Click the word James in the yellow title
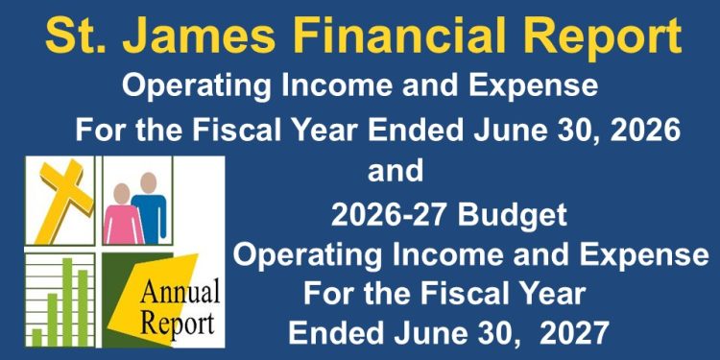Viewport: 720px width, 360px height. (200, 36)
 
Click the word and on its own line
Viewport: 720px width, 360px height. (396, 171)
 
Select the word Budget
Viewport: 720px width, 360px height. (513, 216)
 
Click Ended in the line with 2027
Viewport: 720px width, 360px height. (333, 333)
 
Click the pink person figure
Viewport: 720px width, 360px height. (123, 214)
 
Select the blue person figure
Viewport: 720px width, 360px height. (150, 207)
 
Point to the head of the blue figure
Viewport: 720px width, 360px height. (148, 182)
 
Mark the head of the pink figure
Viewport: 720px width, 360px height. (122, 194)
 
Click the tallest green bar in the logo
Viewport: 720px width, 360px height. (67, 301)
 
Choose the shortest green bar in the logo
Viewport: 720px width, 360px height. (36, 337)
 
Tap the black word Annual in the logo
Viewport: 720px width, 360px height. (180, 292)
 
